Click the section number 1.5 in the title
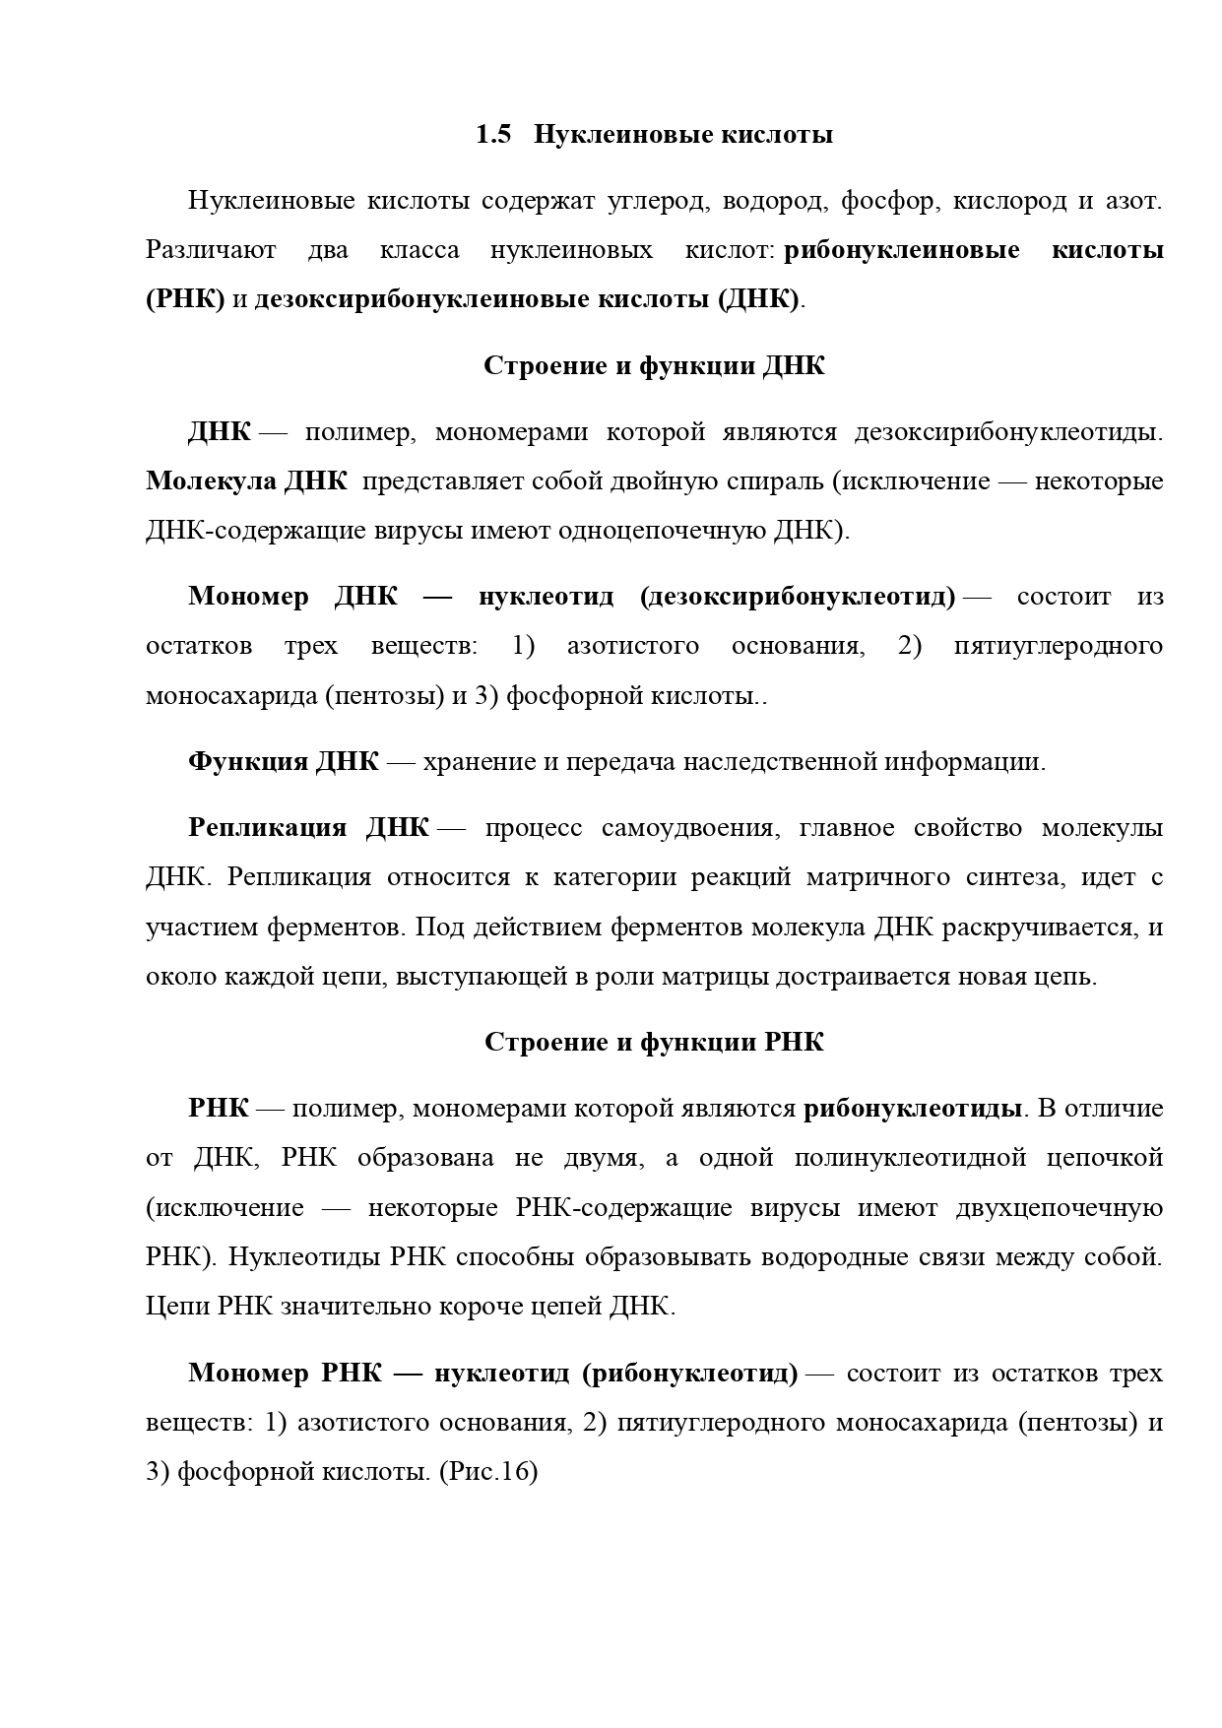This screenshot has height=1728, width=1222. [x=493, y=135]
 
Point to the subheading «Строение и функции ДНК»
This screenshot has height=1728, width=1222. [x=654, y=366]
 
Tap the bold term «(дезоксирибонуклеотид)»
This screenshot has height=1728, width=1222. [x=797, y=597]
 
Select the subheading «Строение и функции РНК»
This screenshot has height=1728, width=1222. [x=654, y=1043]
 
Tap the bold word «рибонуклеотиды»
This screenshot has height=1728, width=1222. [x=912, y=1109]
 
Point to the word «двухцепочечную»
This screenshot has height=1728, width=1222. [x=1059, y=1208]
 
